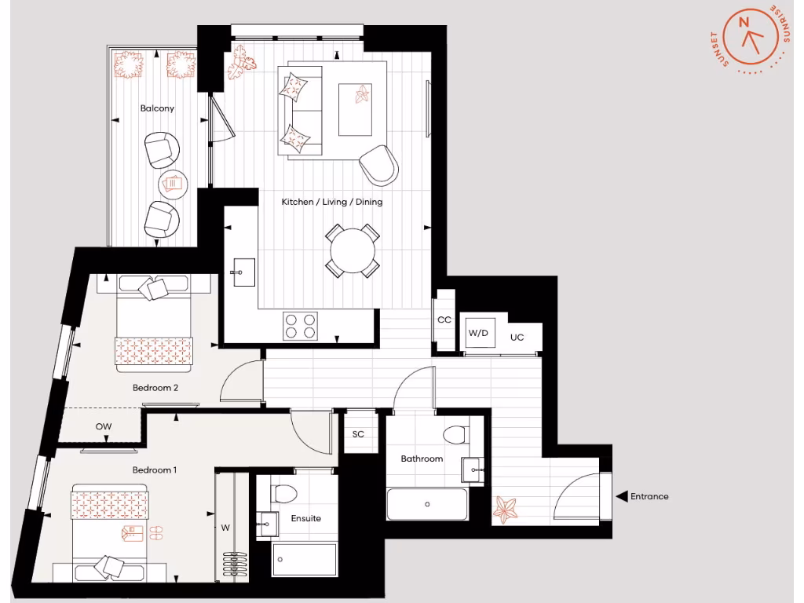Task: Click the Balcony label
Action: [x=157, y=108]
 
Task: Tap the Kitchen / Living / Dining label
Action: [x=332, y=202]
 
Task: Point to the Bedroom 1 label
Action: [x=154, y=470]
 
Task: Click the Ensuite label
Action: [x=305, y=518]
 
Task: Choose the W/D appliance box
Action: [x=478, y=333]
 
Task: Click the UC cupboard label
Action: [x=517, y=337]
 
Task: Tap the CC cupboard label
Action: [x=444, y=320]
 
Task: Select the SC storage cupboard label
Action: [x=358, y=434]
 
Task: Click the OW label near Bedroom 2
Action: [x=104, y=426]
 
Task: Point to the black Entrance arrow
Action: [x=621, y=496]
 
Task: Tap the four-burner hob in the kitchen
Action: [x=301, y=325]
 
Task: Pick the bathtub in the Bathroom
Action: [x=427, y=503]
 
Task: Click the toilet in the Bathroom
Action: [x=455, y=434]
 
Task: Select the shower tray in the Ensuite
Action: [x=304, y=560]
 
